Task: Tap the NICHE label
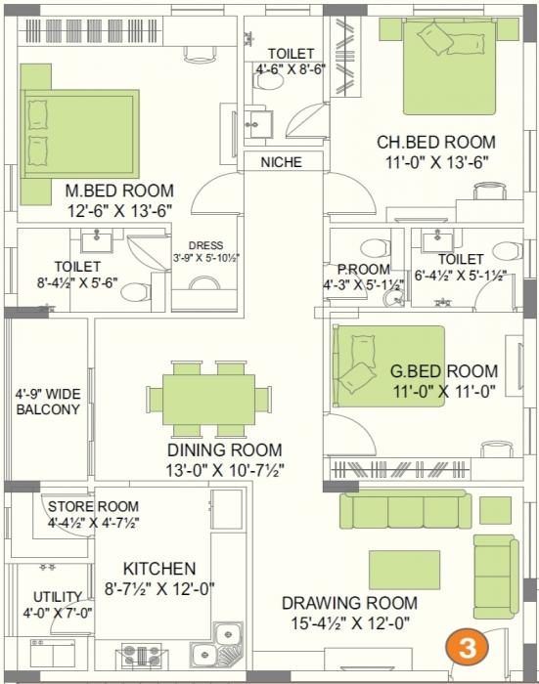coord(281,162)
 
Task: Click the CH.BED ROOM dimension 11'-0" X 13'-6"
coord(436,161)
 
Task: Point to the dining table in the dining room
coord(215,398)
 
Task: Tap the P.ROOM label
coord(362,270)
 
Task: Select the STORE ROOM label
coord(94,506)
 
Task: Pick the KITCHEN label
coord(159,568)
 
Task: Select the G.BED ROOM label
coord(443,371)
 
